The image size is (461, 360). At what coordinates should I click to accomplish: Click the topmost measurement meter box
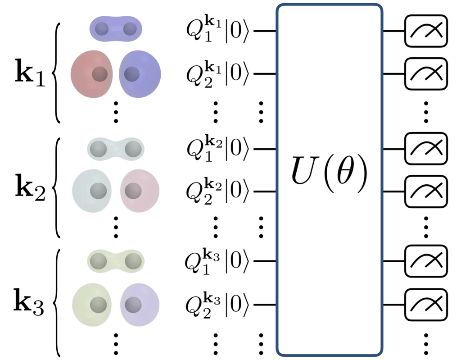click(x=426, y=31)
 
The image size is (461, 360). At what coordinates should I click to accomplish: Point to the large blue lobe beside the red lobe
click(x=140, y=74)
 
